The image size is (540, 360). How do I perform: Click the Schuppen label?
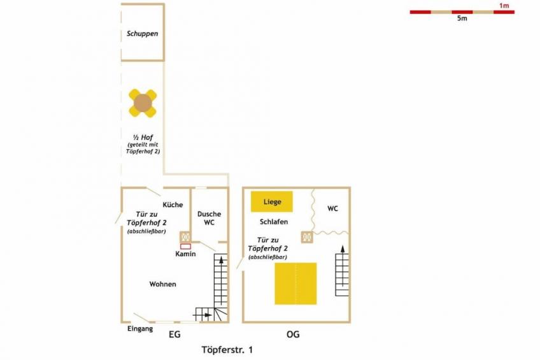tap(142, 34)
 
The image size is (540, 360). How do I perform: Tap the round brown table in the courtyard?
tap(143, 103)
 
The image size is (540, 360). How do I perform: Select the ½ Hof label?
tap(143, 137)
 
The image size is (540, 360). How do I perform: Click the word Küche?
tap(173, 205)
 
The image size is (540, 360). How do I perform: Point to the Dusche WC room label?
tap(209, 218)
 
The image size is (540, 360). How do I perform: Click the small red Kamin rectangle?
tap(186, 247)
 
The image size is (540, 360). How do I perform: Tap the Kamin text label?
tap(185, 254)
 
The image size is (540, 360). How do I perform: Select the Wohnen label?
tap(162, 284)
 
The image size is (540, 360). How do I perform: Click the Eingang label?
tap(140, 329)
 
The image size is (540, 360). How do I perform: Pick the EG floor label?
tap(174, 334)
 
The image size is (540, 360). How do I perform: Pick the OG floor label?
tap(293, 334)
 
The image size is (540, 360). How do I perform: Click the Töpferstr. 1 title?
tap(227, 350)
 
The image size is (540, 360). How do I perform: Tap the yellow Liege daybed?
tap(272, 201)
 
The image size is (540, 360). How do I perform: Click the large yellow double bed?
tap(295, 284)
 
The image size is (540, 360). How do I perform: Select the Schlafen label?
tap(274, 222)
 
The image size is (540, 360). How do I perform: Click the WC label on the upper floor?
tap(332, 208)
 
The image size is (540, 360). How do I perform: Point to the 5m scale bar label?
tap(462, 18)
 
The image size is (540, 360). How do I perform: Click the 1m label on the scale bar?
tap(504, 6)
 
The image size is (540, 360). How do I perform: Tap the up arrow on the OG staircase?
tap(343, 266)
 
